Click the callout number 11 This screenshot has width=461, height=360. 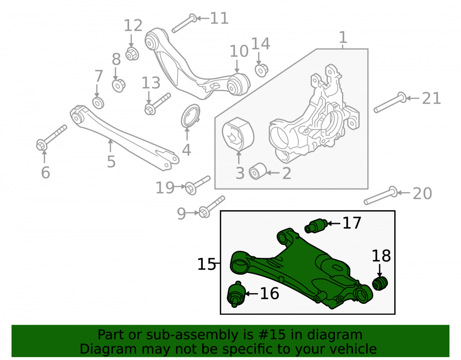pyautogui.click(x=219, y=18)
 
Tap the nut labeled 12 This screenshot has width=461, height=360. pyautogui.click(x=132, y=54)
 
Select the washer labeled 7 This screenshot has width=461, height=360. pyautogui.click(x=98, y=103)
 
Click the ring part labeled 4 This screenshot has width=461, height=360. pyautogui.click(x=190, y=116)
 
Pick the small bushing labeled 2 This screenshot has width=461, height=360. pyautogui.click(x=258, y=171)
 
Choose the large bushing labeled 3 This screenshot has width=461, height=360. pyautogui.click(x=238, y=134)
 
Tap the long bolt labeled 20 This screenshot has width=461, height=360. pyautogui.click(x=381, y=195)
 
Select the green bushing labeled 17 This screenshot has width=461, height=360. pyautogui.click(x=315, y=226)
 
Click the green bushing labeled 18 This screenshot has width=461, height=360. pyautogui.click(x=380, y=283)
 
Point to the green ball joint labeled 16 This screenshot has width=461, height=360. pyautogui.click(x=236, y=294)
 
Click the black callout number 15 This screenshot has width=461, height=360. pyautogui.click(x=207, y=264)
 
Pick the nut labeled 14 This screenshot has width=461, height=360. pyautogui.click(x=261, y=70)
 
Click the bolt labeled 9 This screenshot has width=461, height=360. pyautogui.click(x=212, y=207)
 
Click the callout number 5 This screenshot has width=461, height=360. pyautogui.click(x=111, y=161)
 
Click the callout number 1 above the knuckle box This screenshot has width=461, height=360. pyautogui.click(x=343, y=37)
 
